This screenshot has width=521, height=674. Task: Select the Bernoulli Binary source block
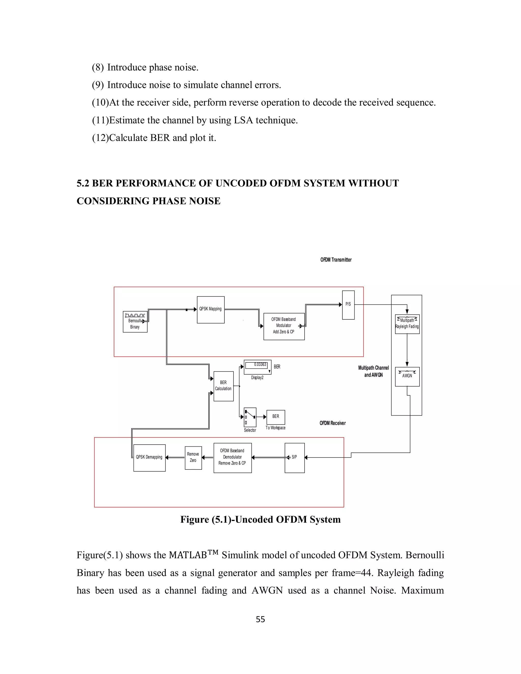tap(135, 322)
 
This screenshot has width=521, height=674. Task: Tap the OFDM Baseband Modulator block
tap(284, 327)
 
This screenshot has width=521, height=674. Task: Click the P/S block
tap(348, 305)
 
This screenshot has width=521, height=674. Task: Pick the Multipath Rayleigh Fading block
tap(407, 324)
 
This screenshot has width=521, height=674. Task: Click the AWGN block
tap(407, 376)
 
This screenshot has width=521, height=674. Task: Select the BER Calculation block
tap(223, 386)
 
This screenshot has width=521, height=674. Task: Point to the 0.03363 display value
tap(260, 365)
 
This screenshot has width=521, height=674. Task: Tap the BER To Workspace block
tap(276, 417)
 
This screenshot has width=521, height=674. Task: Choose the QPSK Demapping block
tap(149, 458)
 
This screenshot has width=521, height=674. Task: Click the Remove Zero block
tap(193, 458)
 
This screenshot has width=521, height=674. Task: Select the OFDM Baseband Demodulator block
tap(233, 458)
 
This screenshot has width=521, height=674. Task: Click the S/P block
tap(294, 458)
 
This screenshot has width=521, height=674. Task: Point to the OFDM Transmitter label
tap(336, 260)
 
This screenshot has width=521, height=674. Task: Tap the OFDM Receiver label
tap(332, 423)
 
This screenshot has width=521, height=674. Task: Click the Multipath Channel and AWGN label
tap(373, 371)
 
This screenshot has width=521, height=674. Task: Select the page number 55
tap(260, 619)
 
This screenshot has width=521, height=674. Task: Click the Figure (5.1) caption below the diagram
tap(260, 519)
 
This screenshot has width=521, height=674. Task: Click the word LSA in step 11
tap(243, 120)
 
